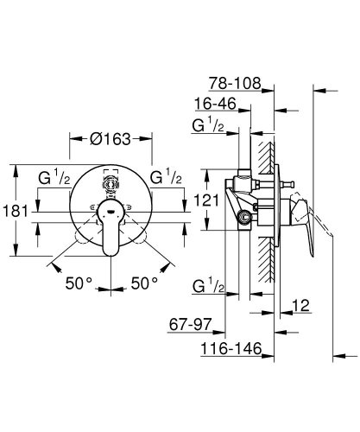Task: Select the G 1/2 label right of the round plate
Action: pyautogui.click(x=167, y=178)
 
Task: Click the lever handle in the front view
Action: pyautogui.click(x=110, y=229)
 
